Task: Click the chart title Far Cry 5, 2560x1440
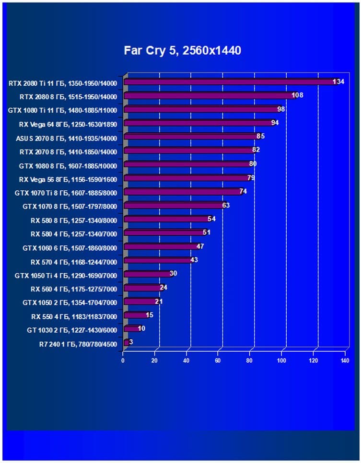click(x=182, y=50)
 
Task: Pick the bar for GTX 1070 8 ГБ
click(x=173, y=206)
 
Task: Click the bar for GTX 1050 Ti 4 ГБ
click(x=147, y=274)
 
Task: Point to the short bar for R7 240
click(x=126, y=343)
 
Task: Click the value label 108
click(x=297, y=95)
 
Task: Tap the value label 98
click(x=281, y=109)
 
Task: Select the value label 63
click(x=226, y=206)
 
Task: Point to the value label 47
click(x=200, y=247)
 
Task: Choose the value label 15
click(x=150, y=315)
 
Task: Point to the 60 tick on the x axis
click(x=218, y=361)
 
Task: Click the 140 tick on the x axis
click(x=345, y=361)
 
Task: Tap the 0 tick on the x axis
click(x=123, y=361)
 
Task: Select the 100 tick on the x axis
click(x=281, y=361)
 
